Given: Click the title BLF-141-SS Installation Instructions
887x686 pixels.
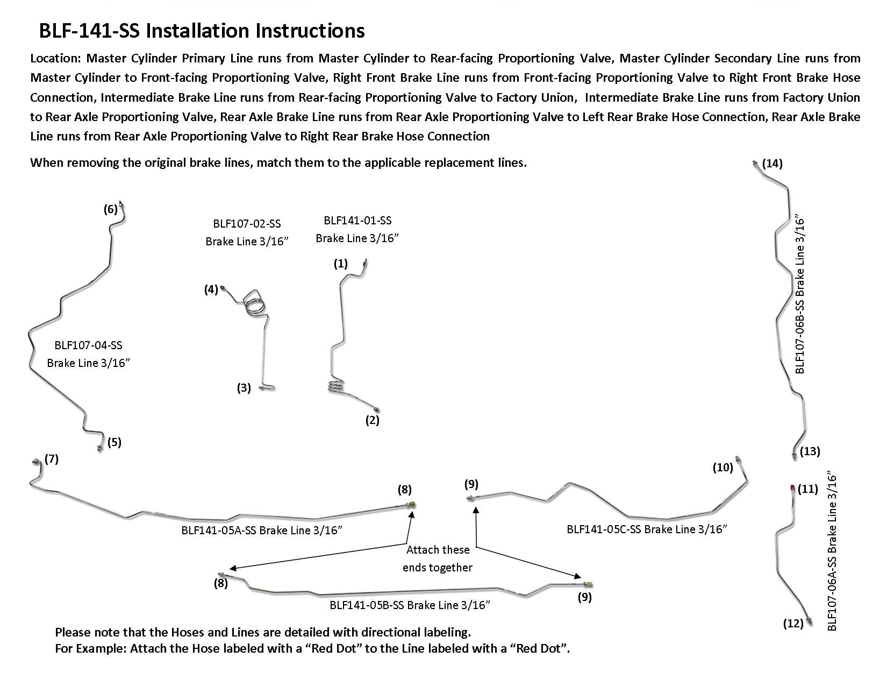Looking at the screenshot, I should [202, 31].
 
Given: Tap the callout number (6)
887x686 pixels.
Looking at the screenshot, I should [111, 209].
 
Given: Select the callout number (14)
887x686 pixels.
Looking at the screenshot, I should [772, 164].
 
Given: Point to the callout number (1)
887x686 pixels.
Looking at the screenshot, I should [341, 264].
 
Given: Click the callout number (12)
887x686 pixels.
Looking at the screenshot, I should [793, 624].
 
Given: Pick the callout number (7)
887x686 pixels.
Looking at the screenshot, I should [52, 459].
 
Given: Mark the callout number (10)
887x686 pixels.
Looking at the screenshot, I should [723, 467].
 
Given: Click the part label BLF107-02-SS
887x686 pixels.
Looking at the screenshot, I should [247, 224].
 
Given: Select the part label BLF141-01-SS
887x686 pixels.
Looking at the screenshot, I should [357, 220].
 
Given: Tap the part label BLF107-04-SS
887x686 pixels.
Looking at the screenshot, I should [88, 345].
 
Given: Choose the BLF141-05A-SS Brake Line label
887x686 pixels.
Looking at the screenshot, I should [262, 531].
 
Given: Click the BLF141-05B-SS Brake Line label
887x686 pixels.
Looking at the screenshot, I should [410, 605].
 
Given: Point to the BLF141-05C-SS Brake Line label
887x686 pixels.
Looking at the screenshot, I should [647, 529].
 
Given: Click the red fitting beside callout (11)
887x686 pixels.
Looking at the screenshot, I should [793, 487].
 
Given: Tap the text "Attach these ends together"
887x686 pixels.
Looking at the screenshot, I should [438, 558].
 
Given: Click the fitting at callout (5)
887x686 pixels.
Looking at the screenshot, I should [100, 448].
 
